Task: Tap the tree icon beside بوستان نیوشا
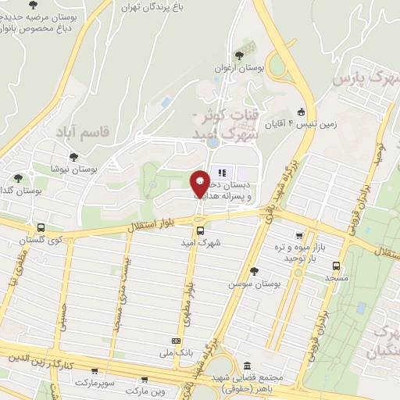[x=73, y=157]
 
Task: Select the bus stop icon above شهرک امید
[x=200, y=230]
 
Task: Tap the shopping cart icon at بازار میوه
[x=299, y=236]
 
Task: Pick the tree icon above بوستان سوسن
[x=253, y=271]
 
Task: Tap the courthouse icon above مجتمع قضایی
[x=248, y=366]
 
